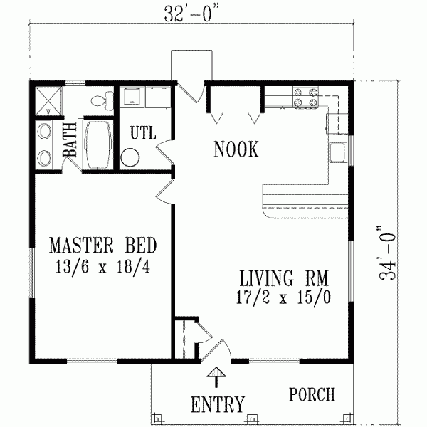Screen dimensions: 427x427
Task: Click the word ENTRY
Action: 218,404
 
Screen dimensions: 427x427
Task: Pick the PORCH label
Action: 312,394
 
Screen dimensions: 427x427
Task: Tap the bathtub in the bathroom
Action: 98,143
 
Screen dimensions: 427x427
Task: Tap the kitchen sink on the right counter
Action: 337,152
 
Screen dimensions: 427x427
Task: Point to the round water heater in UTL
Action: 130,157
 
